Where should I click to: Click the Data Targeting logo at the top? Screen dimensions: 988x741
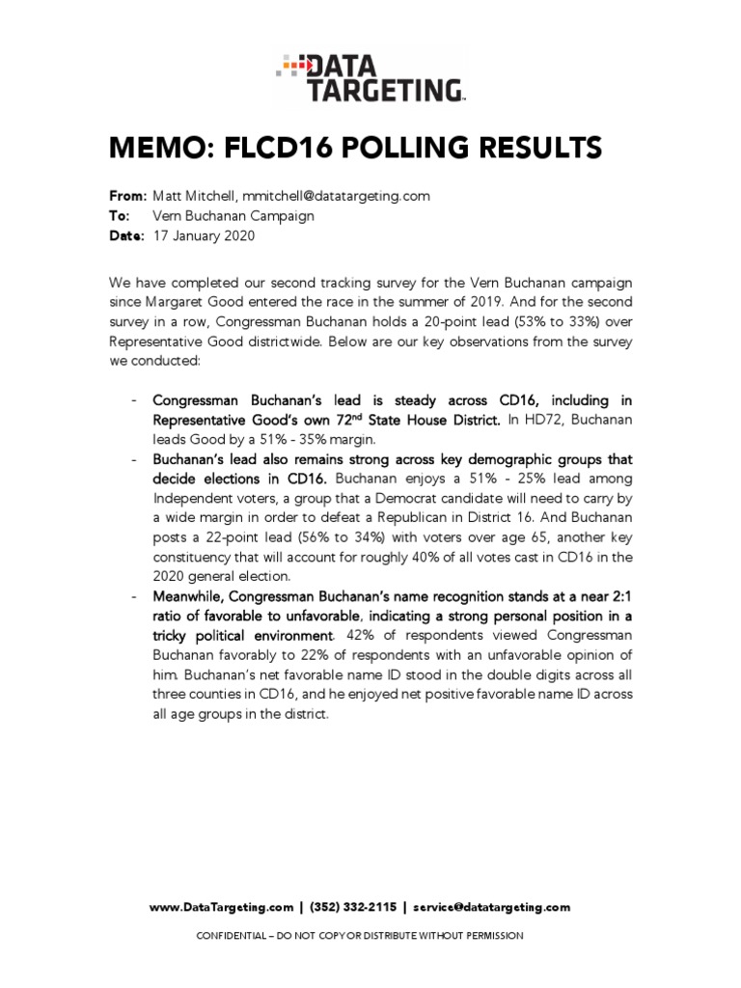coord(370,78)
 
